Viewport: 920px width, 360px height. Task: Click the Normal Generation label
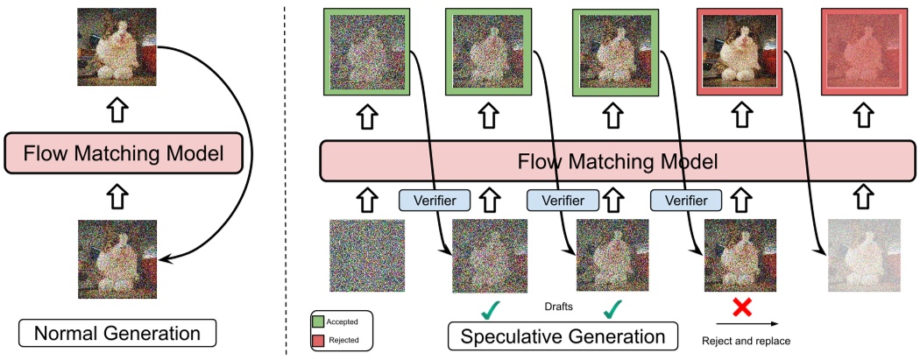[117, 333]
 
